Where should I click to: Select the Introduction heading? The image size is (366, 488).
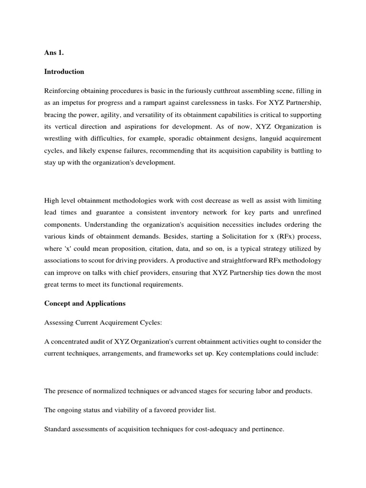pos(64,71)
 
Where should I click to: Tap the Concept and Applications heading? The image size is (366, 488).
pos(84,303)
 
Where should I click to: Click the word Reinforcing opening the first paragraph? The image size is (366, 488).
pos(63,91)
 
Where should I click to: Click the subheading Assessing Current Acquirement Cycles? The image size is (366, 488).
pos(103,322)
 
